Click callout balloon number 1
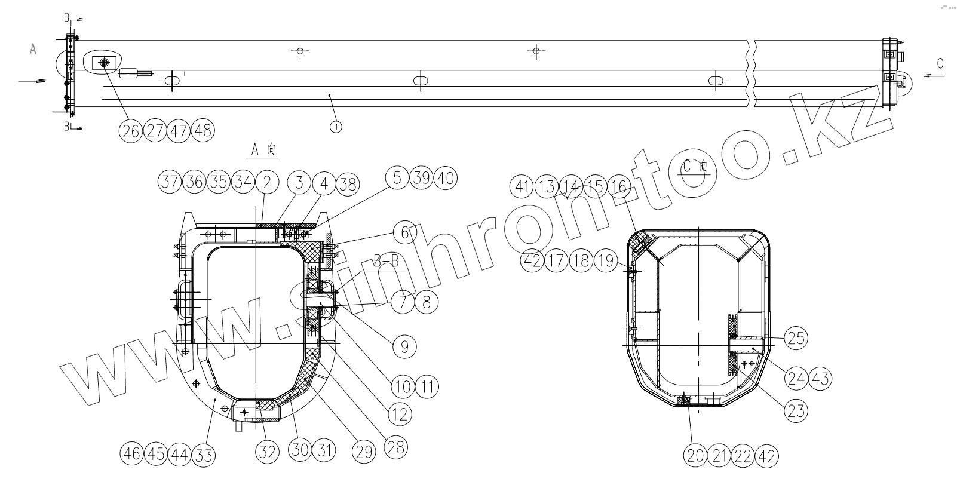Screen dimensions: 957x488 point(336,127)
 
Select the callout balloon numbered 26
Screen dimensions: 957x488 point(130,130)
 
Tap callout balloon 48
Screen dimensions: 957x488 point(203,130)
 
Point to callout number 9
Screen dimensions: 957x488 point(404,346)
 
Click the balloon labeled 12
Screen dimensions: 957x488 point(400,414)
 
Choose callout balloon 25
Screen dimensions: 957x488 point(796,339)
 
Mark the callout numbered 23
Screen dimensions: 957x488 point(796,411)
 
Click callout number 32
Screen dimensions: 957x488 point(268,452)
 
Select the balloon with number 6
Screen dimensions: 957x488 point(404,233)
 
